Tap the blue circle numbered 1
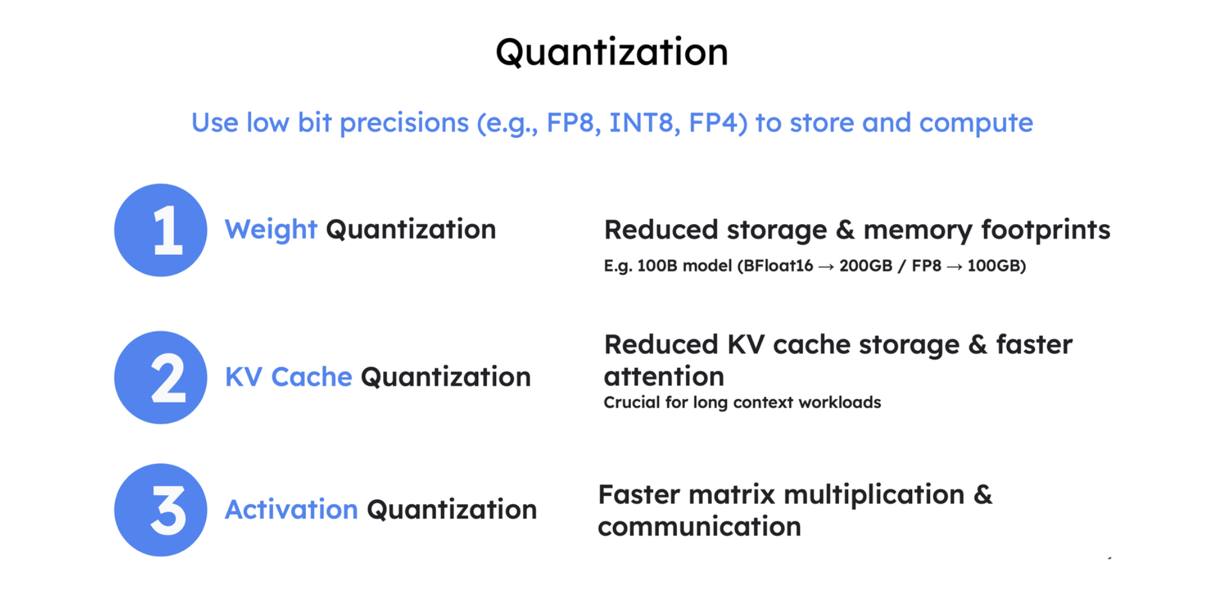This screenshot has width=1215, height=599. click(160, 230)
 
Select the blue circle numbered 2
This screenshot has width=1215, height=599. click(160, 377)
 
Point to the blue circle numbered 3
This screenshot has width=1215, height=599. click(160, 510)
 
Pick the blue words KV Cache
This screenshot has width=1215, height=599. click(288, 377)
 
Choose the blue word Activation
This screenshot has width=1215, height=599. click(291, 509)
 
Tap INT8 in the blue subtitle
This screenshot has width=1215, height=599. click(641, 123)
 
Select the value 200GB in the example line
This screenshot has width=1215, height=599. click(866, 266)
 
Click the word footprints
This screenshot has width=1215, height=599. click(1045, 230)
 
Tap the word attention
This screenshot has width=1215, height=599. click(664, 377)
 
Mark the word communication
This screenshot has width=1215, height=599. click(699, 527)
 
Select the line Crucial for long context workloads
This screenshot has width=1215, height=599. click(742, 403)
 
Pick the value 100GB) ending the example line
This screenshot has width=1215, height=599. click(997, 266)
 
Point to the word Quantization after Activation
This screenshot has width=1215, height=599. click(452, 510)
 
